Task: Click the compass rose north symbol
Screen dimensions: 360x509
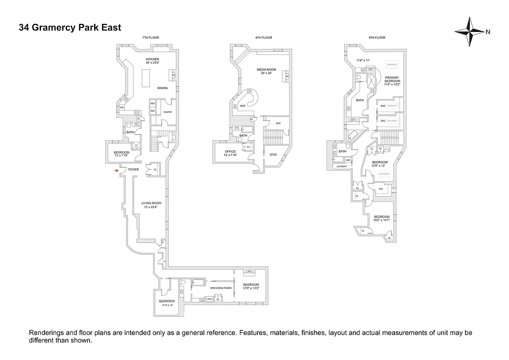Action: point(470,31)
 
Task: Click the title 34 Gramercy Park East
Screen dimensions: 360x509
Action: point(70,27)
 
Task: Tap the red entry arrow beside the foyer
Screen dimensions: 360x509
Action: point(115,171)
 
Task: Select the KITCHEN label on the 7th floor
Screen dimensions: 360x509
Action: point(152,59)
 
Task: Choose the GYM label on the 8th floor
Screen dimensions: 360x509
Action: point(273,155)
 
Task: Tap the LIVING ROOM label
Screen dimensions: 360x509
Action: point(151,203)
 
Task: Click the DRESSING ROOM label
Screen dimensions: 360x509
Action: point(221,288)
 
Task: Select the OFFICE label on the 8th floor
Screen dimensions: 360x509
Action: point(230,152)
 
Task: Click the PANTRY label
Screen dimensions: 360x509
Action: point(168,112)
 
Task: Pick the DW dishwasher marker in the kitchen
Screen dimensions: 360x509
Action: point(122,108)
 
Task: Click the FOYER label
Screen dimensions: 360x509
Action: point(133,170)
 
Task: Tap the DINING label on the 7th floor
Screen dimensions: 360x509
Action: point(162,88)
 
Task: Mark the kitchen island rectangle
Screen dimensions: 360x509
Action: point(146,80)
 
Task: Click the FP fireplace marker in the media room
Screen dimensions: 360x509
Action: point(287,76)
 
